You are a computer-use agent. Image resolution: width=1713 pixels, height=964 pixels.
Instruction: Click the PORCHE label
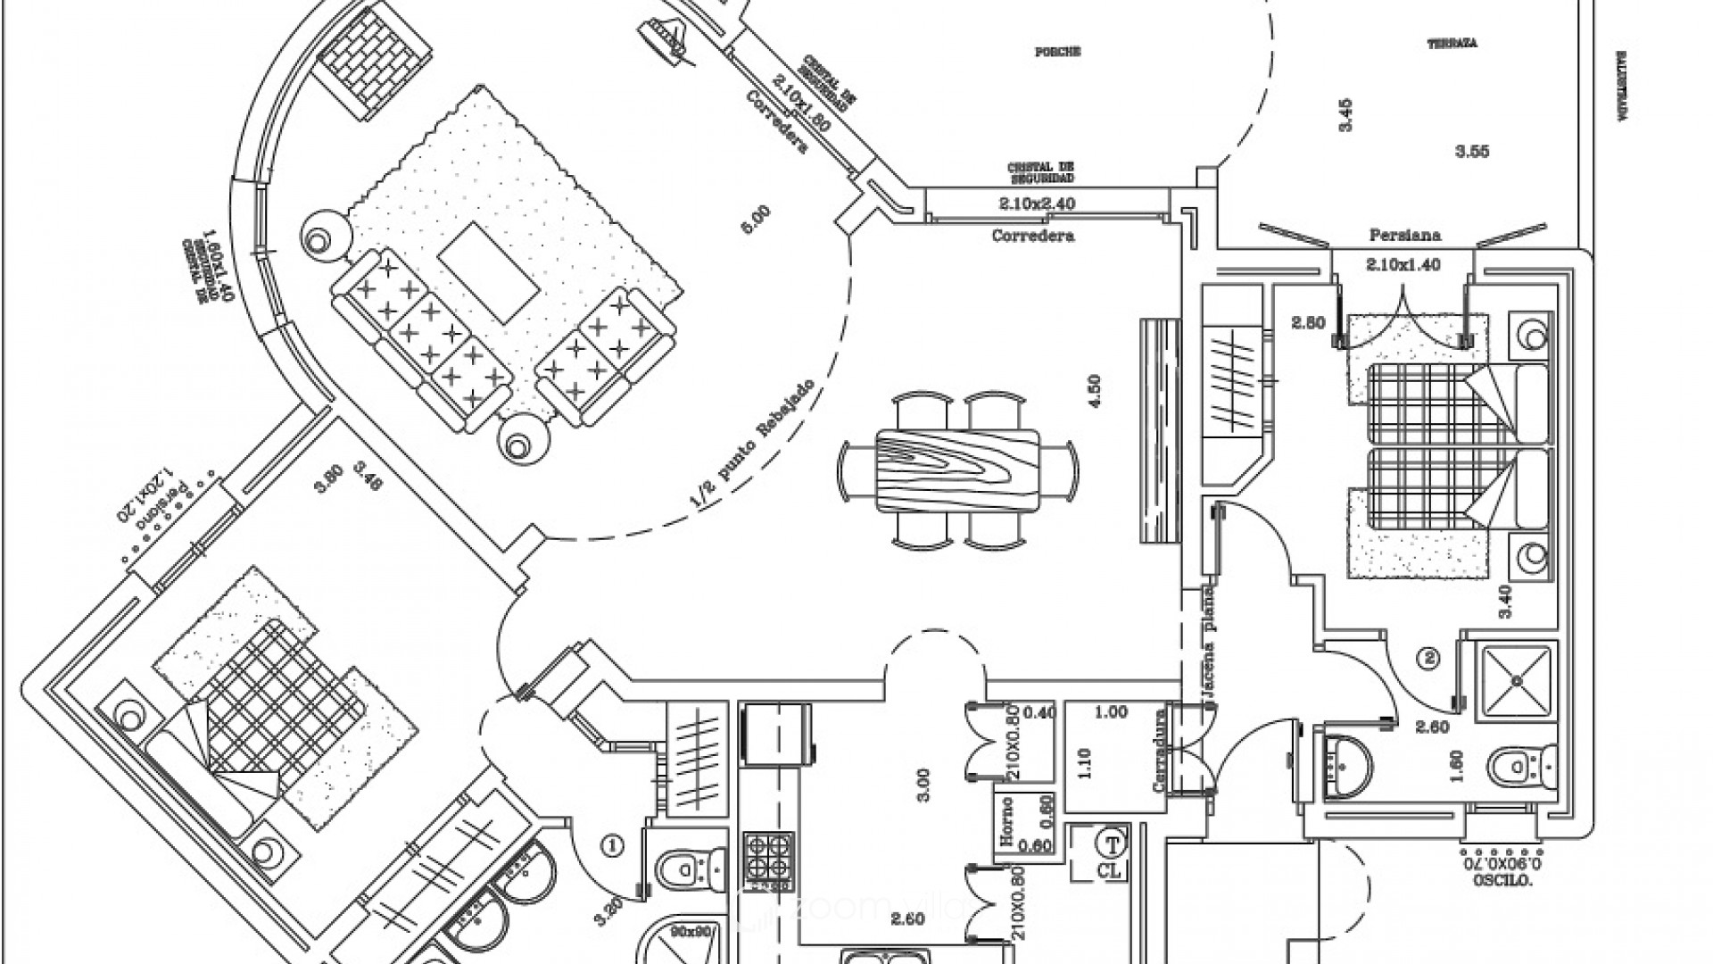click(x=1057, y=52)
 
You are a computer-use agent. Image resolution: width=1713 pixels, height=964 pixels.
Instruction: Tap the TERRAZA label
click(x=1452, y=43)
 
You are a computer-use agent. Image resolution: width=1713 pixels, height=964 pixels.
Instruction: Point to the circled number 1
click(x=613, y=843)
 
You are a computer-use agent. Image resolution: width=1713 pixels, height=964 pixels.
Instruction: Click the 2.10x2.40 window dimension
click(x=1037, y=204)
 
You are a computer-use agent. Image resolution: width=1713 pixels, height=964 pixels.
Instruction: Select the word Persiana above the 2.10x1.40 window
click(x=1405, y=237)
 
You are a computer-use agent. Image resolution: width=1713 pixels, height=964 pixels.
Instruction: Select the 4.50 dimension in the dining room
click(x=1096, y=390)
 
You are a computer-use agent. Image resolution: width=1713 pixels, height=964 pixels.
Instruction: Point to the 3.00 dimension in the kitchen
click(x=923, y=784)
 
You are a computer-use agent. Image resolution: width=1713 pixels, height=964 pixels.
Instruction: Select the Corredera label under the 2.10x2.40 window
click(x=1032, y=237)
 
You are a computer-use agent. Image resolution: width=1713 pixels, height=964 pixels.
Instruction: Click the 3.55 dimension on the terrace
click(x=1471, y=152)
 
